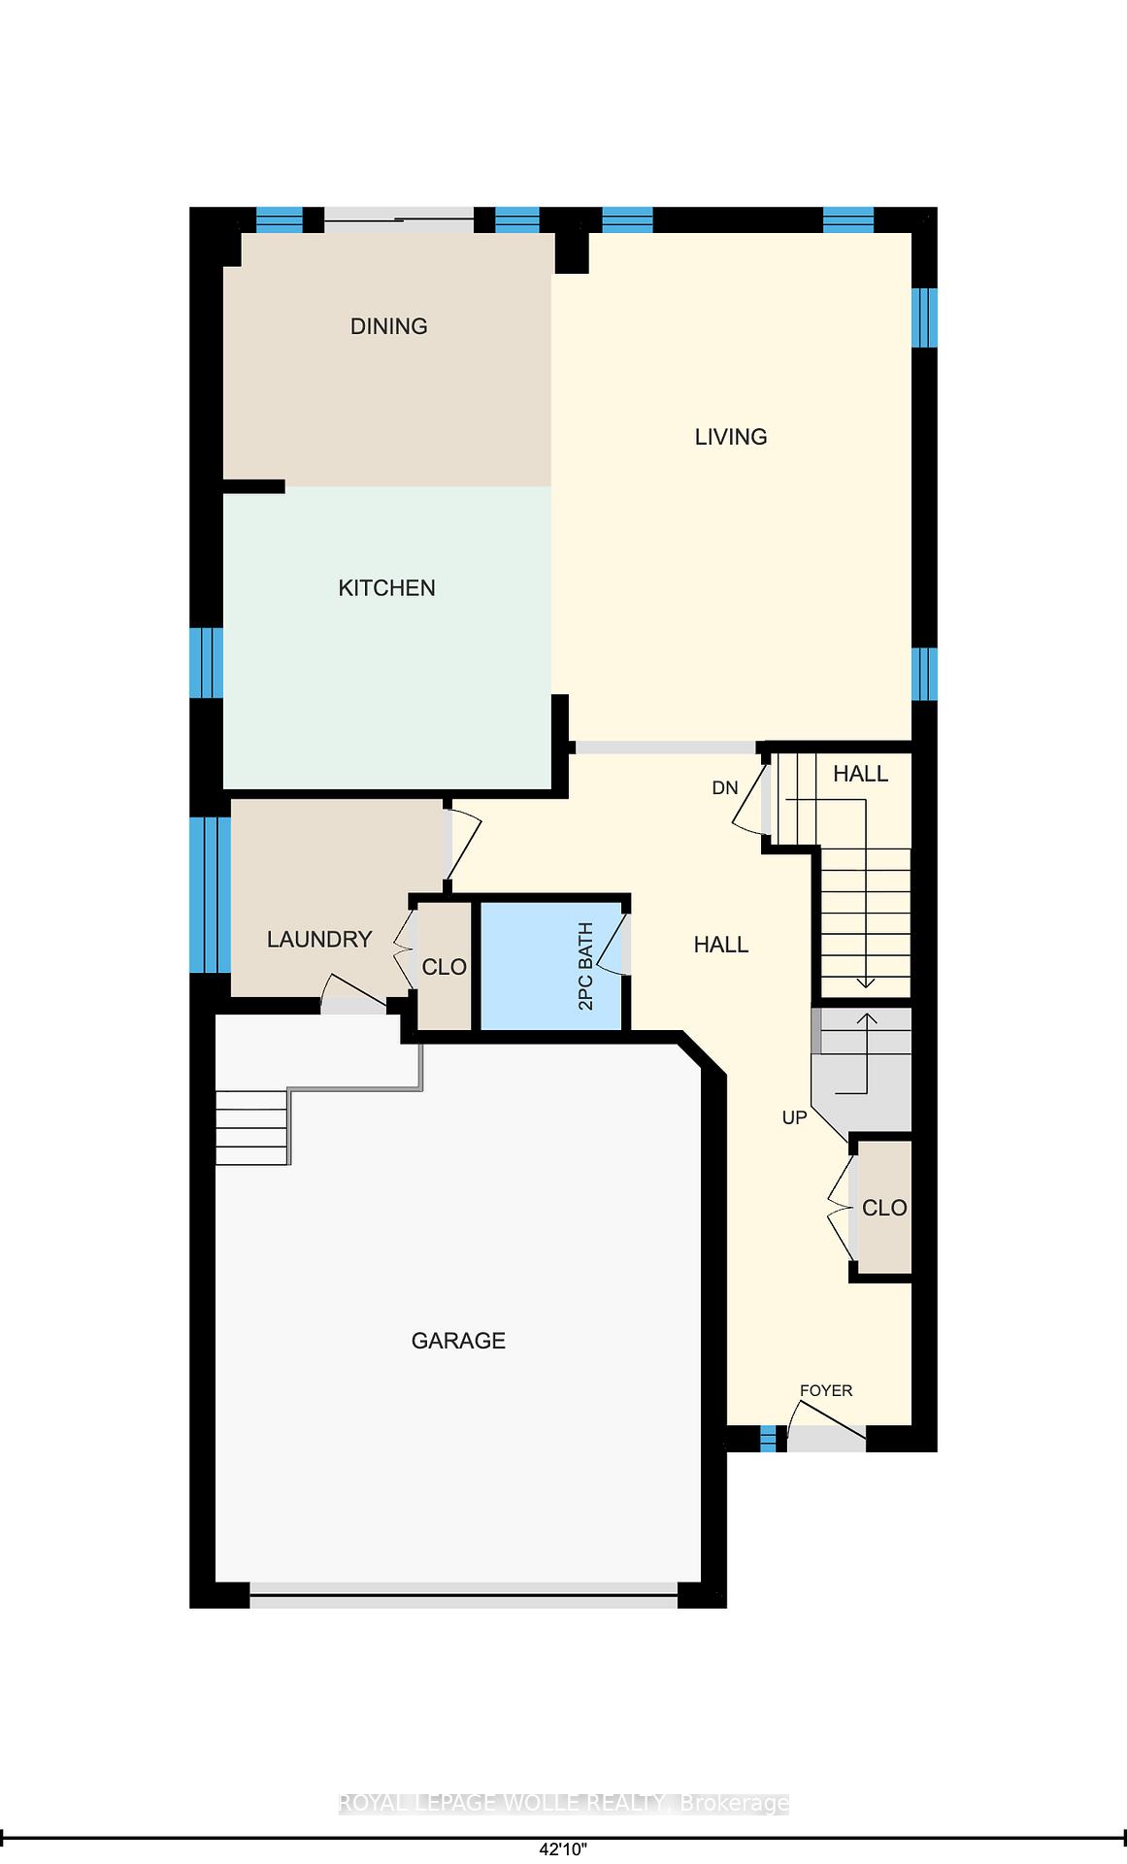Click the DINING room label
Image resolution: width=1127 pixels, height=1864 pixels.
point(388,326)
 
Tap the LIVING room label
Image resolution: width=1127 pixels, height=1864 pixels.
point(731,437)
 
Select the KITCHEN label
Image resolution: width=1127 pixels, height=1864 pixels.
point(386,587)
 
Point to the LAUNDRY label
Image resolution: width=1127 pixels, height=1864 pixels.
point(319,939)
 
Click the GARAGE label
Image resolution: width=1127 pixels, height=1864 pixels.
point(458,1341)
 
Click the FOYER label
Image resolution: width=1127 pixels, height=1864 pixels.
point(826,1390)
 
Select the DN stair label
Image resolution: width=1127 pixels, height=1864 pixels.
point(725,787)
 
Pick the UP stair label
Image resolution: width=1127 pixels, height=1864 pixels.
point(794,1117)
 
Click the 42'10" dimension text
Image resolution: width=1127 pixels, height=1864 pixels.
point(564,1849)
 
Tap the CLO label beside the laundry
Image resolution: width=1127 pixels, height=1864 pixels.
point(445,967)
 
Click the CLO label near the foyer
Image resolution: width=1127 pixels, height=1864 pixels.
point(884,1208)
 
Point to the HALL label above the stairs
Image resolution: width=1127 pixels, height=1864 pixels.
point(861,774)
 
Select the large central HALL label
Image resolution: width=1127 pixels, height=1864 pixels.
point(721,945)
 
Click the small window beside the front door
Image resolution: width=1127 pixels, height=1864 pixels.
point(768,1438)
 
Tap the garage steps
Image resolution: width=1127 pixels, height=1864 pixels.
point(252,1126)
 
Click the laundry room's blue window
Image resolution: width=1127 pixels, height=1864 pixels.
point(210,894)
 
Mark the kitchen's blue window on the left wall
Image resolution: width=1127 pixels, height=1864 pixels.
point(206,662)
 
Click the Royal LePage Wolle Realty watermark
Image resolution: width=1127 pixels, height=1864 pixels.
point(563,1804)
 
